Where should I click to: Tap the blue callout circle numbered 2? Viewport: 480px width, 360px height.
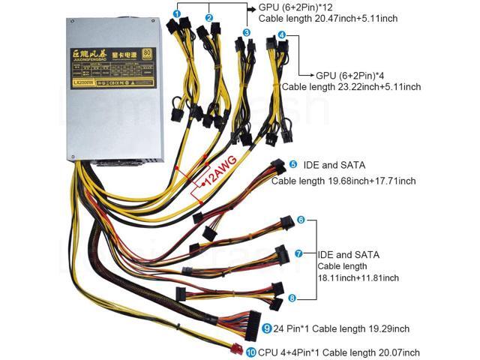pos(209,17)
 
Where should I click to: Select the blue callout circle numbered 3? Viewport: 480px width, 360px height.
pos(246,33)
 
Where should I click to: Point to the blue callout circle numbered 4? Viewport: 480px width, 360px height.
pos(281,35)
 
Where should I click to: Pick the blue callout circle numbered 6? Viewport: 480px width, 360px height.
pos(301,220)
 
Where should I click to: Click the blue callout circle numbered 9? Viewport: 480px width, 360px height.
pos(268,328)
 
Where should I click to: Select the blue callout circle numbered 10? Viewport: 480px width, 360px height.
pos(250,351)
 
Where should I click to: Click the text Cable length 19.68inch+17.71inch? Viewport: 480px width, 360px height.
pos(343,181)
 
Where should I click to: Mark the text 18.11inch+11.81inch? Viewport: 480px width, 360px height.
pos(358,278)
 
